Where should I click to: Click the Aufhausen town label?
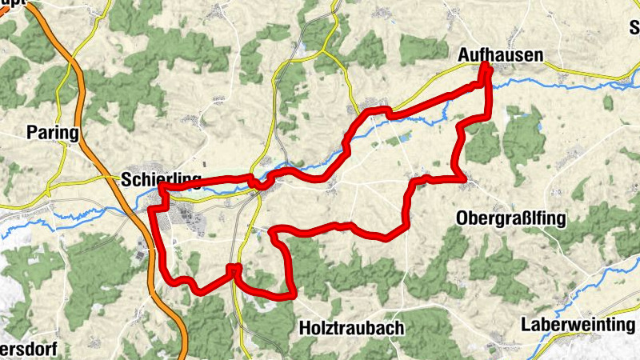tap(500, 55)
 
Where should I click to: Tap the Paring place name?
tap(52, 132)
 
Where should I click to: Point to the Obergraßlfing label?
tap(511, 218)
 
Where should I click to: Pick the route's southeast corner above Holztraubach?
tap(292, 294)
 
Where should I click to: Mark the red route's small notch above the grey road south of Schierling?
tap(234, 268)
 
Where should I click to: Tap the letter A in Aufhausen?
tap(464, 55)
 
